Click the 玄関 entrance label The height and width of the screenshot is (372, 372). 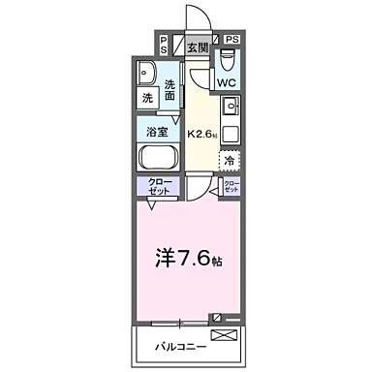[198, 46]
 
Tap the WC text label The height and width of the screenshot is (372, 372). [226, 83]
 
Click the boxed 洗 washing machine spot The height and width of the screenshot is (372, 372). [148, 98]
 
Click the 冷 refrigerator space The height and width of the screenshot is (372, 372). [231, 160]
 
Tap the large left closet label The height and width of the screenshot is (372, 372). [159, 187]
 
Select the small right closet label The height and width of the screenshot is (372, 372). [232, 187]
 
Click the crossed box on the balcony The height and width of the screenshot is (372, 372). [223, 336]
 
